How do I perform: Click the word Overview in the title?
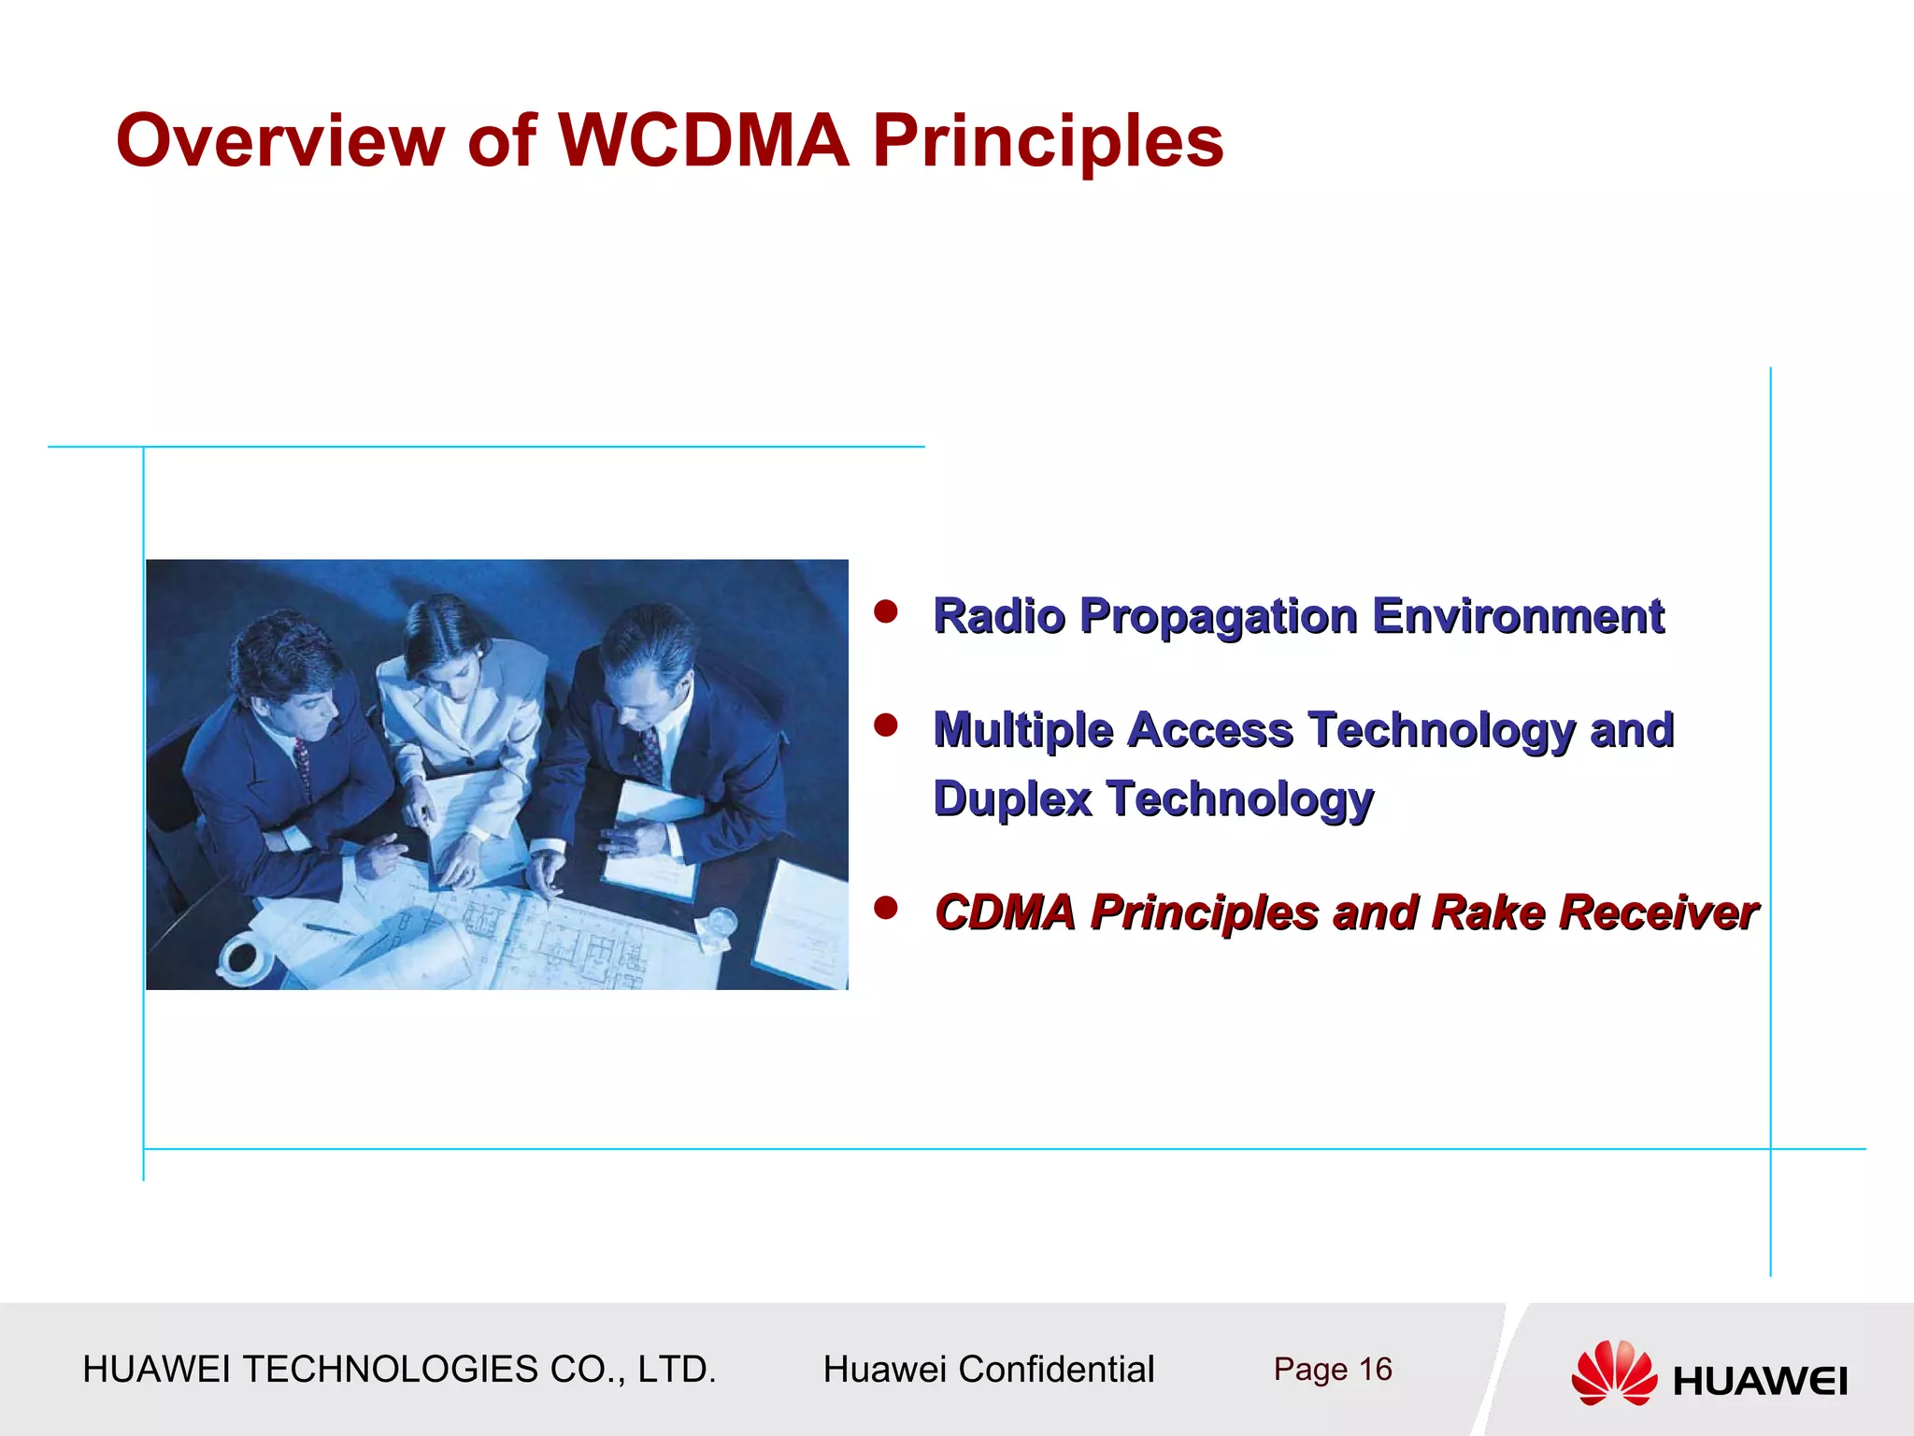pyautogui.click(x=279, y=140)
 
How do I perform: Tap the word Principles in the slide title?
pyautogui.click(x=1047, y=142)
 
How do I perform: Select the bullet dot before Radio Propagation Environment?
pyautogui.click(x=885, y=611)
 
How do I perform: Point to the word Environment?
pyautogui.click(x=1518, y=616)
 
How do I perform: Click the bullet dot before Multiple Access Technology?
pyautogui.click(x=885, y=725)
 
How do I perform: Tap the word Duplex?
pyautogui.click(x=1012, y=799)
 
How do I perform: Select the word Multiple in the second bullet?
pyautogui.click(x=1022, y=730)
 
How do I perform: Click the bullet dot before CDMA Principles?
pyautogui.click(x=885, y=907)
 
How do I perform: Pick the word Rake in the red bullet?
pyautogui.click(x=1487, y=912)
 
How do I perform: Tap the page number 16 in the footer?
pyautogui.click(x=1375, y=1370)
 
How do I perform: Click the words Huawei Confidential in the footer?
pyautogui.click(x=988, y=1370)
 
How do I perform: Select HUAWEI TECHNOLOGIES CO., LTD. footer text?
pyautogui.click(x=399, y=1370)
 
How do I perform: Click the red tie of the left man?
pyautogui.click(x=302, y=762)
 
